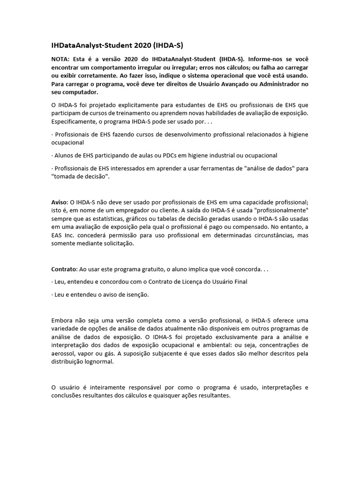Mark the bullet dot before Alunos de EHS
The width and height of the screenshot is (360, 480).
52,155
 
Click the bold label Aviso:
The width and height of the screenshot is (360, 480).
60,202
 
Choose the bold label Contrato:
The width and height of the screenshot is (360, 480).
64,269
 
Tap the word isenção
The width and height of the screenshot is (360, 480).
135,294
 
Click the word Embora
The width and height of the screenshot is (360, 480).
62,320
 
